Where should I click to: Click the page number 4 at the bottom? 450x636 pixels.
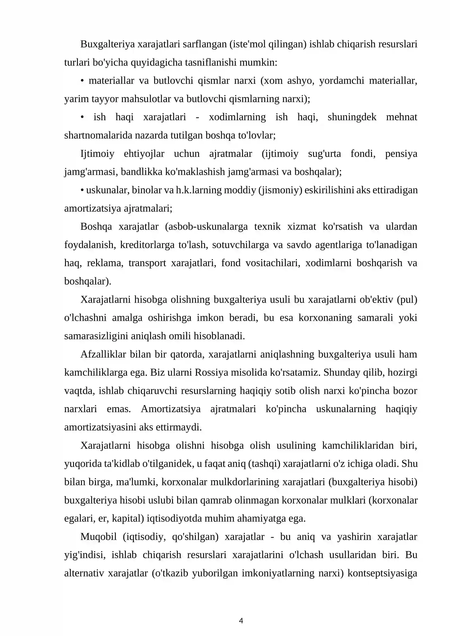(x=241, y=621)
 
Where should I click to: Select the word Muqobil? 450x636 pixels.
(x=98, y=537)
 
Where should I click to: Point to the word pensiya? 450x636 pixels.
(x=401, y=154)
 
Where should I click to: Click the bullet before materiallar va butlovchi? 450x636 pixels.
(x=82, y=81)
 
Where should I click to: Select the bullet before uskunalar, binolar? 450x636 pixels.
(x=82, y=190)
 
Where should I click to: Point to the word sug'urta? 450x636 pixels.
(x=324, y=154)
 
